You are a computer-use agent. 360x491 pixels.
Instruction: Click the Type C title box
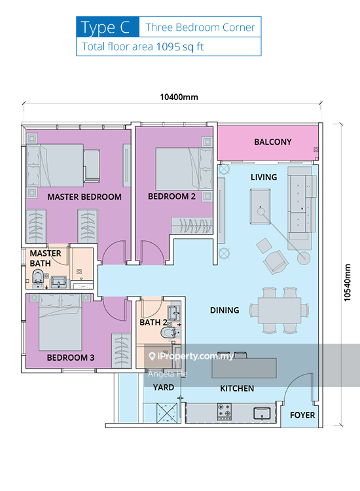point(108,27)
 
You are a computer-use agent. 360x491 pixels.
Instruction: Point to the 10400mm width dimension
point(179,97)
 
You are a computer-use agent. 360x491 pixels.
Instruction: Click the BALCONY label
point(272,142)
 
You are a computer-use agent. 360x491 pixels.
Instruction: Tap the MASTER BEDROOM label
point(84,196)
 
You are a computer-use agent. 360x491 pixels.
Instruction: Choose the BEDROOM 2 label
point(171,196)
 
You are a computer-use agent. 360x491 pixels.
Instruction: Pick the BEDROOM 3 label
point(70,358)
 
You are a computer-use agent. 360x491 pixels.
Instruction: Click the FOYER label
point(302,415)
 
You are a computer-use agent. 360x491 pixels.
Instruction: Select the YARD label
point(163,388)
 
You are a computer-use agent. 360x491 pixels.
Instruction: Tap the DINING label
point(225,310)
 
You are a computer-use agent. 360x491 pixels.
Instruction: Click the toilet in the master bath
point(40,277)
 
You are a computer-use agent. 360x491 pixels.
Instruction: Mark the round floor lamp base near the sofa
point(303,258)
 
